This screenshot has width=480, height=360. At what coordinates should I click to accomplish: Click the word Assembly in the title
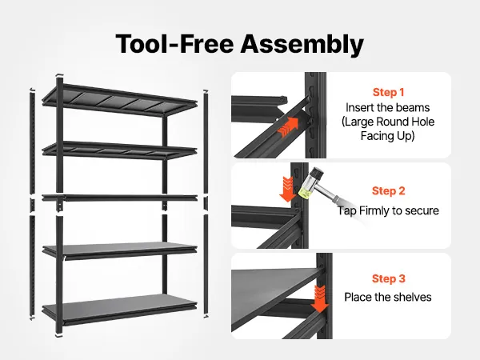[302, 44]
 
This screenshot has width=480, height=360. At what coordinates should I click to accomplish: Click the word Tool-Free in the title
[174, 43]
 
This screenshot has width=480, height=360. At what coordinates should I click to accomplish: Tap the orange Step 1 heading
[388, 92]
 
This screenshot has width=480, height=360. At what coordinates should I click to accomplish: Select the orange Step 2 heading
[389, 190]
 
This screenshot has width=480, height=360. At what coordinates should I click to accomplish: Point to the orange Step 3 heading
[389, 278]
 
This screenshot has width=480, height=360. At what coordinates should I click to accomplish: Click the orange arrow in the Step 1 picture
[288, 127]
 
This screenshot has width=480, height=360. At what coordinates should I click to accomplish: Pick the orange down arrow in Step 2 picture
[287, 189]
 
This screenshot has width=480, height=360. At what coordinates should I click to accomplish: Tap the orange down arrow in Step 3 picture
[320, 299]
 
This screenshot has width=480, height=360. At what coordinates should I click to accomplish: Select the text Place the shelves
[388, 297]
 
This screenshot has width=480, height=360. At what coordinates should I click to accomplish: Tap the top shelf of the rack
[119, 100]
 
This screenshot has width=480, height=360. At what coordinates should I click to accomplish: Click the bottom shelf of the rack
[119, 309]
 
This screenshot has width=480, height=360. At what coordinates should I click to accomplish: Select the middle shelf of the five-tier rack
[119, 198]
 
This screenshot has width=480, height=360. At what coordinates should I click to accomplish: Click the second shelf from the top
[119, 150]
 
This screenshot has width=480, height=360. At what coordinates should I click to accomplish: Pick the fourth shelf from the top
[119, 250]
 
